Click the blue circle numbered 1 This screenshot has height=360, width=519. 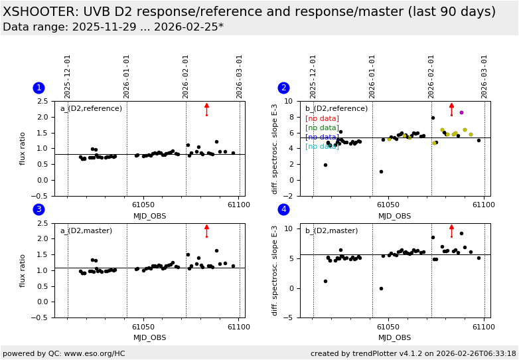tap(38, 88)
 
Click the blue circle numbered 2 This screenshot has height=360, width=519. tap(283, 88)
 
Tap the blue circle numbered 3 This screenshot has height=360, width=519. tap(38, 210)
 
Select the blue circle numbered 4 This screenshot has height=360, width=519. tap(283, 210)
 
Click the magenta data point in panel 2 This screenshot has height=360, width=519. tap(461, 112)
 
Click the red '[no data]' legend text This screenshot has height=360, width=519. tap(322, 118)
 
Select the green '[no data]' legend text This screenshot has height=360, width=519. tap(322, 128)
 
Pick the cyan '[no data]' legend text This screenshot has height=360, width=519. tap(322, 147)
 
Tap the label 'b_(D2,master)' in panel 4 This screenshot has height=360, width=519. tap(331, 230)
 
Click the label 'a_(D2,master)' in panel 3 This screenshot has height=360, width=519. tap(86, 230)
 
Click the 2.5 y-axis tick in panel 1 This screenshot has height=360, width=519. tap(42, 101)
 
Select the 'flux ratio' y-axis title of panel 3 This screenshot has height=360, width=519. tap(23, 270)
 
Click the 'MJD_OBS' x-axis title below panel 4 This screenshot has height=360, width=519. tap(395, 337)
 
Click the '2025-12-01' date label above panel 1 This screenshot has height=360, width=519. tap(68, 76)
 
